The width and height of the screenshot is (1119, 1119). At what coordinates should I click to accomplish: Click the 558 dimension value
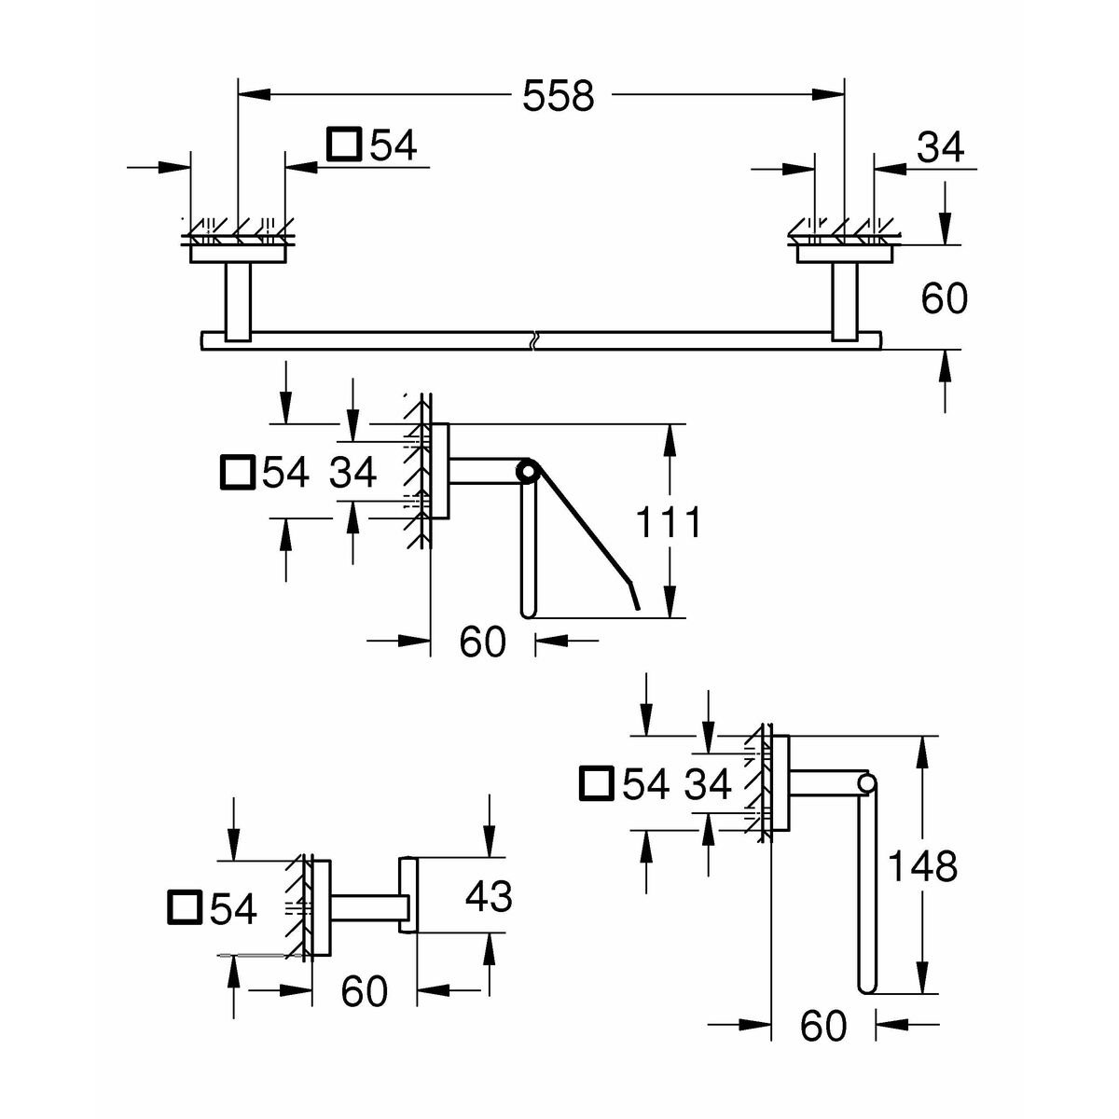558,95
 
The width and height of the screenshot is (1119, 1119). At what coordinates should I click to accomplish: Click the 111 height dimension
668,523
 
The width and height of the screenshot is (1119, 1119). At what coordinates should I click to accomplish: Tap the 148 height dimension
921,867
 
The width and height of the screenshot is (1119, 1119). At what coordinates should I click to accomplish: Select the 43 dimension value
489,897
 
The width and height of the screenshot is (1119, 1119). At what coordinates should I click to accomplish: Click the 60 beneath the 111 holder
482,642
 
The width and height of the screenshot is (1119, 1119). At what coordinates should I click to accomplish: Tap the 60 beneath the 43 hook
364,991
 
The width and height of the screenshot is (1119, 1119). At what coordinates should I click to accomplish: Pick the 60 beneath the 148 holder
823,1026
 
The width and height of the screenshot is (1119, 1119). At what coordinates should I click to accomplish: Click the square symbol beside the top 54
343,145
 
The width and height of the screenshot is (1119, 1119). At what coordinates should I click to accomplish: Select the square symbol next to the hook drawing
185,907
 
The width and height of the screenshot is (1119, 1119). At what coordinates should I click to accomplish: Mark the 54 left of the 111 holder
285,473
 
